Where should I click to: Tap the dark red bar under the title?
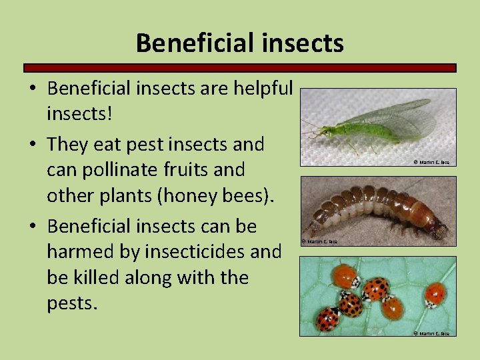click(x=240, y=68)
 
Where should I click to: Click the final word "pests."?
click(x=72, y=303)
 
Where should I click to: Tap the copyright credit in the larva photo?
click(x=320, y=241)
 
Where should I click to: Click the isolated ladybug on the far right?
click(x=435, y=294)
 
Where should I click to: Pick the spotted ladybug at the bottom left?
click(x=327, y=319)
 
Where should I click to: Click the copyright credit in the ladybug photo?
click(x=432, y=333)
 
